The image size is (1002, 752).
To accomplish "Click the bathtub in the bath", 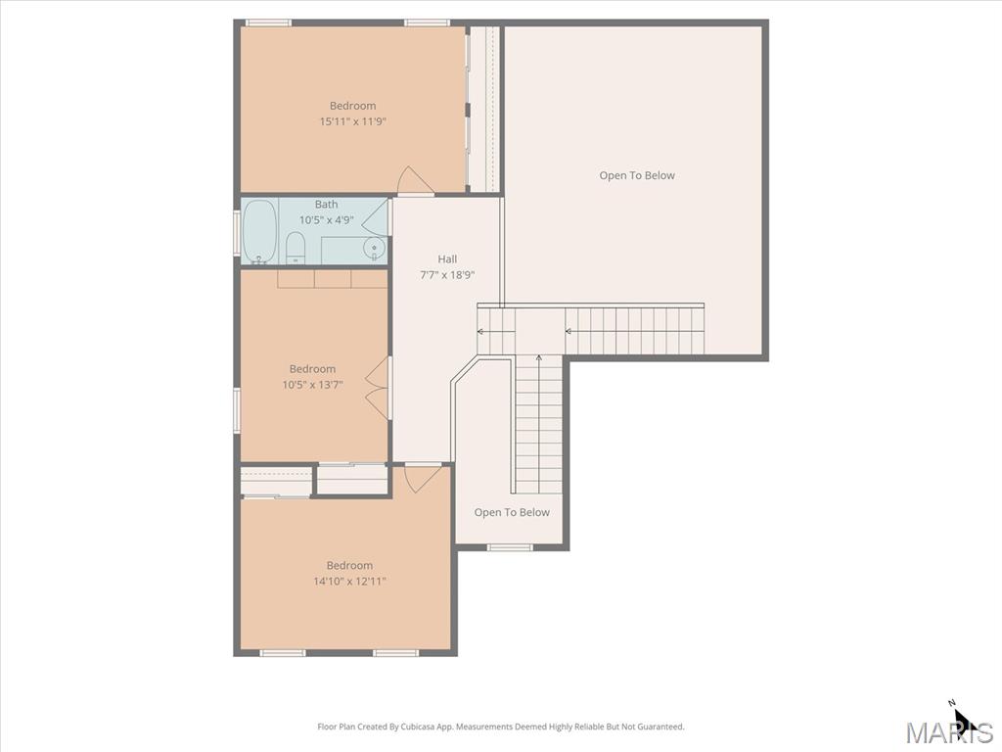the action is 259,231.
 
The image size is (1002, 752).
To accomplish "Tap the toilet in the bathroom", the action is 296,248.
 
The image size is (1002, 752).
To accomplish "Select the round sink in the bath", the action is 374,248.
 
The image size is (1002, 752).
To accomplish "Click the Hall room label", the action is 447,258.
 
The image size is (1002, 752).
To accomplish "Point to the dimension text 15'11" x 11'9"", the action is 352,121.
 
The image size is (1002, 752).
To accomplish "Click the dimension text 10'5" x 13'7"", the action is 312,385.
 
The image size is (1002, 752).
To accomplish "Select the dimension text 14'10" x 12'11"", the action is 349,582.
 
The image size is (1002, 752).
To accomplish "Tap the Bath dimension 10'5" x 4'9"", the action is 326,220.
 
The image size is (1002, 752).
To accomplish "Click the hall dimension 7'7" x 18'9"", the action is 447,275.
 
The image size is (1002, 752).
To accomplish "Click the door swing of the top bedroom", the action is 414,180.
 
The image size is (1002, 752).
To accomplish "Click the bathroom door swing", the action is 376,215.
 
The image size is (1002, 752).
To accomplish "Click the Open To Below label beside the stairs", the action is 512,512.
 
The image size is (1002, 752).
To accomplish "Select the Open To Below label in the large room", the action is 637,175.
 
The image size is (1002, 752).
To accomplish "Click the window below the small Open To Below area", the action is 510,547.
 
